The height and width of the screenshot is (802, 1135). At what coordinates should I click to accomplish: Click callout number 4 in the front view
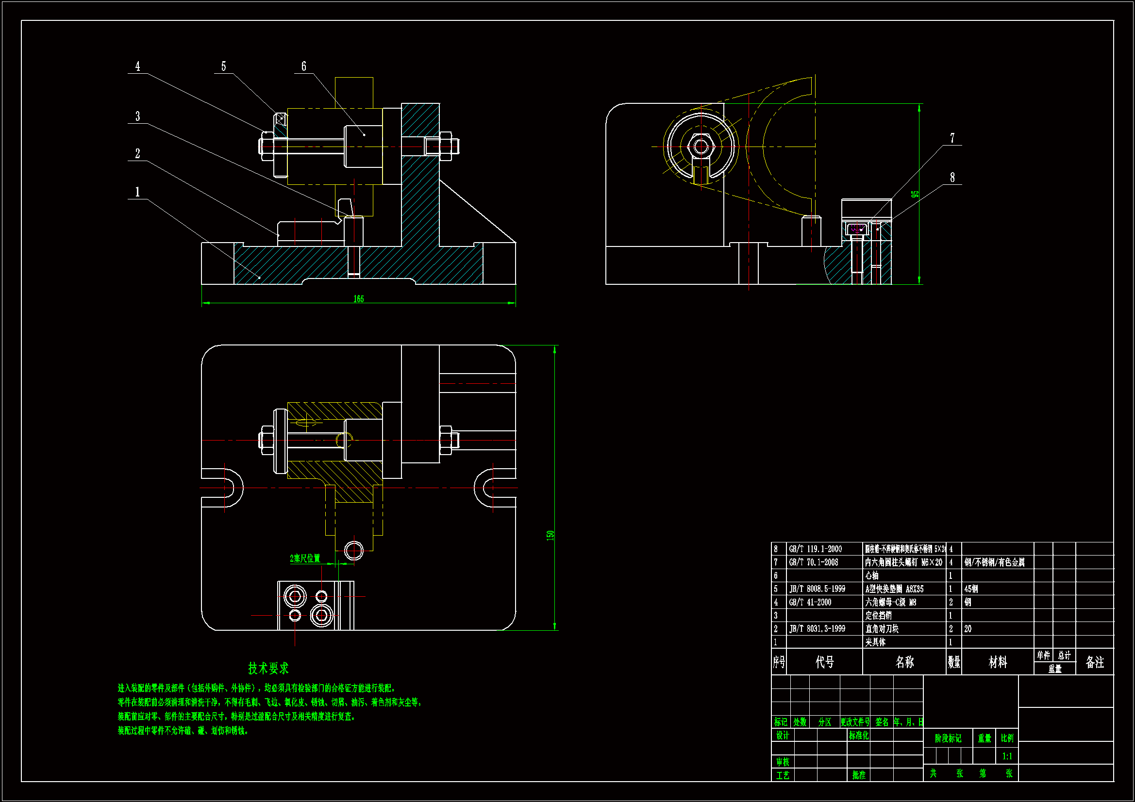coord(137,66)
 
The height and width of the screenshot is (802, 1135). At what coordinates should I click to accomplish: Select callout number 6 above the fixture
coord(303,66)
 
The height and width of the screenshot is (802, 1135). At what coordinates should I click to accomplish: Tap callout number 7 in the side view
coord(952,138)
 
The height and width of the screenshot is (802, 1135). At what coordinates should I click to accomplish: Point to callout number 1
coord(137,192)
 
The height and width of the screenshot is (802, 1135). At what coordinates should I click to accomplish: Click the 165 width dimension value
coord(358,299)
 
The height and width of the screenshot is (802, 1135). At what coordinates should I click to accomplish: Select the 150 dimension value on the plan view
coord(550,535)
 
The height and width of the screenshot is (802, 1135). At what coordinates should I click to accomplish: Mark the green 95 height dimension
coord(915,194)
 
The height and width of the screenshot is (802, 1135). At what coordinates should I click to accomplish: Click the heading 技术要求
coord(268,669)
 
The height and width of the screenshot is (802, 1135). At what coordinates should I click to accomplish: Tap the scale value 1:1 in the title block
coord(1007,756)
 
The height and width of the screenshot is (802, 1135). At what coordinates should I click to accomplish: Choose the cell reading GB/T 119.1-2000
coord(815,549)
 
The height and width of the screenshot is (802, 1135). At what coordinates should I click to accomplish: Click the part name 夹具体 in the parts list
coord(875,642)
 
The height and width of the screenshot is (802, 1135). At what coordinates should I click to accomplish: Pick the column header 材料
coord(998,662)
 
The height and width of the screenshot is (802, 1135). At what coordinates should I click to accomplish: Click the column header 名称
coord(904,662)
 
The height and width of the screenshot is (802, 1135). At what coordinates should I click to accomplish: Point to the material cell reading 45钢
coord(971,589)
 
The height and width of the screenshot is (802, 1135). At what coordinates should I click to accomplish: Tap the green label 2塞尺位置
coord(305,558)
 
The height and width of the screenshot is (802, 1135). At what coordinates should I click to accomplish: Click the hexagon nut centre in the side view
coord(701,146)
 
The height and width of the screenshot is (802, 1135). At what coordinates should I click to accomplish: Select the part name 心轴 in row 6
coord(872,576)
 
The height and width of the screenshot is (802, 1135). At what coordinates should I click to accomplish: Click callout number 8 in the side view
coord(952,178)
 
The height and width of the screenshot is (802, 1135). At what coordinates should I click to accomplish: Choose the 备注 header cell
coord(1094,662)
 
